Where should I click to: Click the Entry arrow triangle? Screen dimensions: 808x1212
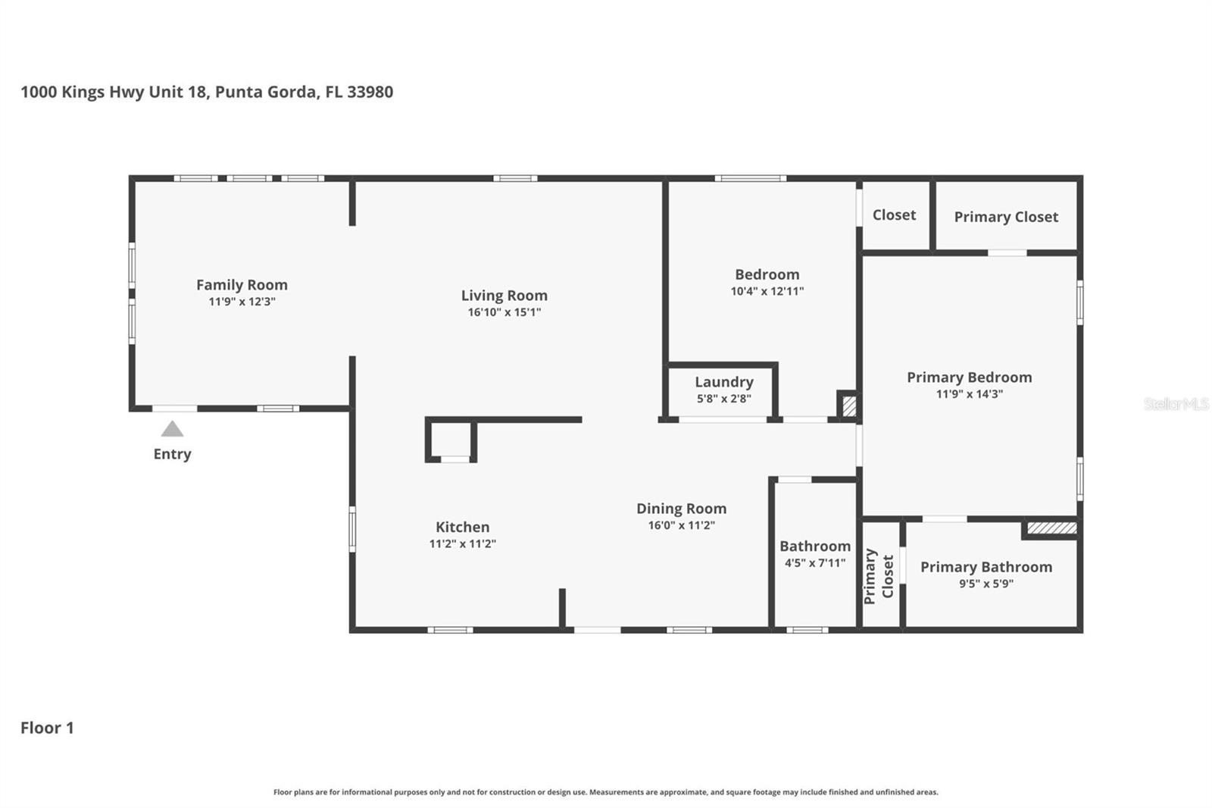172,429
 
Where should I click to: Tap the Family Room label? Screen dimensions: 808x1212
242,285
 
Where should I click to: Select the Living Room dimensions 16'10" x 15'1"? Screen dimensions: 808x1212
504,312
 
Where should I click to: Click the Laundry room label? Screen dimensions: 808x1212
723,382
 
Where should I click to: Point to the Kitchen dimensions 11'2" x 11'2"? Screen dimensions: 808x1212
462,543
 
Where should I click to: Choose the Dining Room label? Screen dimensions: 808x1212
681,509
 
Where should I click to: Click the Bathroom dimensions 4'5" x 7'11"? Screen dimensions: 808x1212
814,562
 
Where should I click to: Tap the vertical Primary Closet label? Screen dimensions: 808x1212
879,576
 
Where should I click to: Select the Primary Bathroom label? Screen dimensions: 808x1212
986,567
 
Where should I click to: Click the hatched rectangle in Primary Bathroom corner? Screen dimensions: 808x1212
1051,528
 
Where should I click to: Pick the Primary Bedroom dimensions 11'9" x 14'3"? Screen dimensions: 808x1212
969,394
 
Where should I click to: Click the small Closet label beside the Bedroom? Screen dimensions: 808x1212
894,215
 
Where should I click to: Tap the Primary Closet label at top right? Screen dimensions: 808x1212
1005,217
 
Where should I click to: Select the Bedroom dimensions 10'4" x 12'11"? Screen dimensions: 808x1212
767,291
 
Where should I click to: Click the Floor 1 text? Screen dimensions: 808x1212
47,728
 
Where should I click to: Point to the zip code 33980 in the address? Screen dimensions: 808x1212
370,92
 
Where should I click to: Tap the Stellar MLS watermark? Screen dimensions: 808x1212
1176,404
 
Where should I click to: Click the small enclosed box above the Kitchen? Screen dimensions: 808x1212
451,440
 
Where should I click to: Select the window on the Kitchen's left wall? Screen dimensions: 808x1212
352,528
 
